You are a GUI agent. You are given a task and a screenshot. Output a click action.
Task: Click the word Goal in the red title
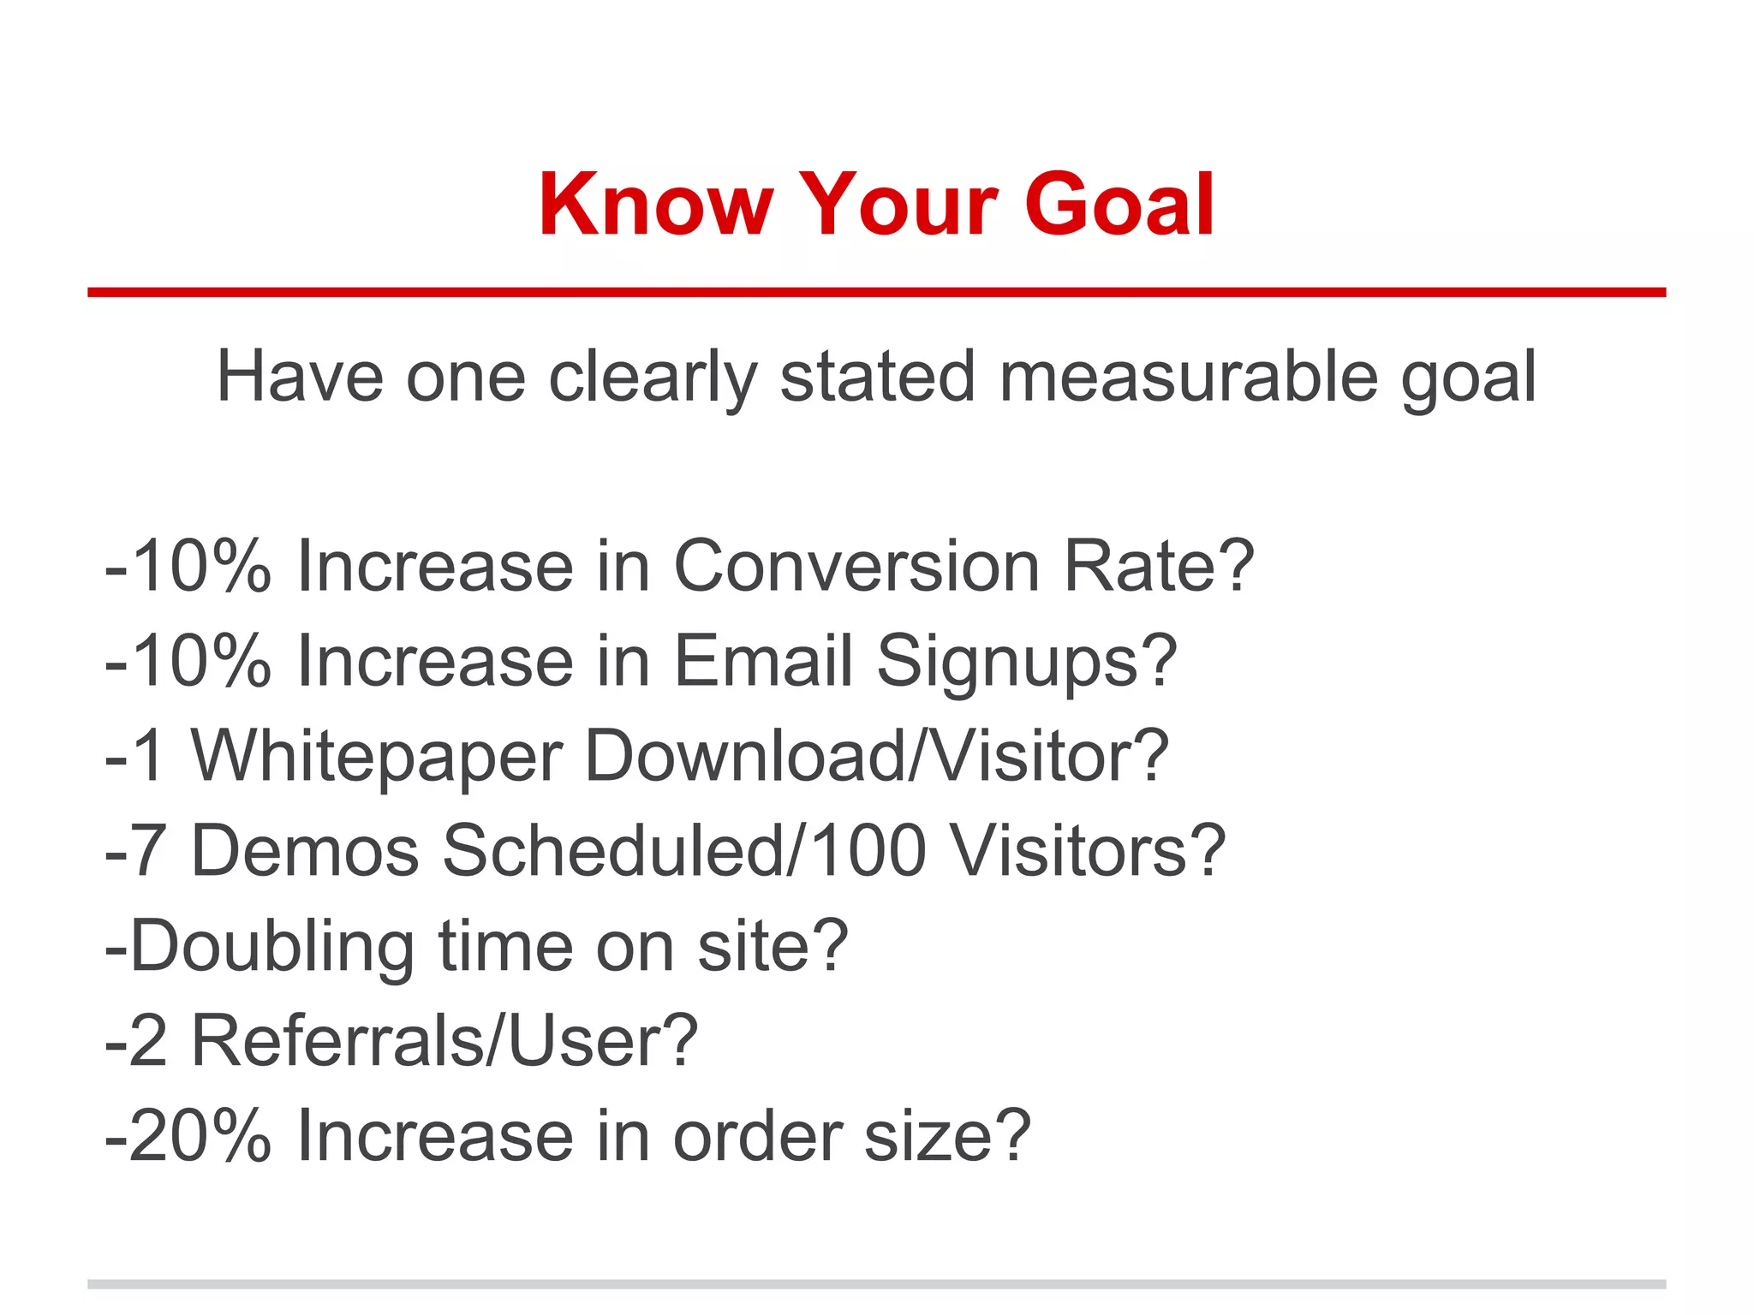click(1119, 205)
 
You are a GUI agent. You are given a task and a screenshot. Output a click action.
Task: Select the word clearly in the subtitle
click(653, 378)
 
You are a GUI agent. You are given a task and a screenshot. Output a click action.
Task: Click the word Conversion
click(856, 566)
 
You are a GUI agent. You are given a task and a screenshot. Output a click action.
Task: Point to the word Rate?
click(1158, 566)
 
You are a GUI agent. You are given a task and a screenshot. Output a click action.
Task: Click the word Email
click(763, 661)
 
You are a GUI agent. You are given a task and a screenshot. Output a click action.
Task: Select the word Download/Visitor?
click(876, 756)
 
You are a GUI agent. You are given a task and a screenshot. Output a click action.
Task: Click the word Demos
click(304, 851)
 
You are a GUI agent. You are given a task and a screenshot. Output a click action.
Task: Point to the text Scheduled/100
click(684, 851)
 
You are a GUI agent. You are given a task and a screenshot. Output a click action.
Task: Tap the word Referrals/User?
click(444, 1041)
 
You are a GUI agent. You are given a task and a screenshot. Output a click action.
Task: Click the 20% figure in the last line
click(200, 1136)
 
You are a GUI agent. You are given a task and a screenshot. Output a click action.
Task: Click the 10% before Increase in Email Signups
click(200, 661)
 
